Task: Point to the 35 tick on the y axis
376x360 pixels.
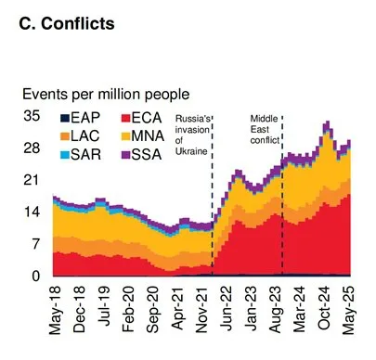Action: click(31, 117)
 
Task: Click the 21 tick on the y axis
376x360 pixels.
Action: click(31, 181)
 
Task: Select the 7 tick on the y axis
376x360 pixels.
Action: click(34, 244)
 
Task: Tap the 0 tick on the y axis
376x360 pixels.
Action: click(34, 276)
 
